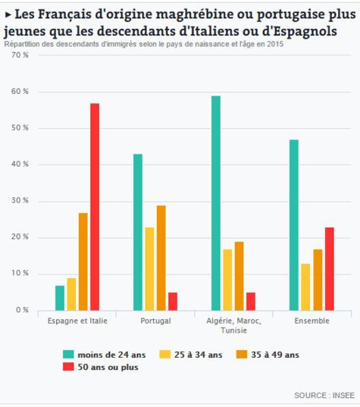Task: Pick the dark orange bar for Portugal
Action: click(161, 258)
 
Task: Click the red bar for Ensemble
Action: click(329, 268)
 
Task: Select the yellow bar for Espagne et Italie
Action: click(72, 294)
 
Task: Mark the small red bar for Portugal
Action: click(172, 301)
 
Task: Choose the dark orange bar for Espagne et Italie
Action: click(83, 261)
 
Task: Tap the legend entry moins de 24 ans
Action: click(110, 354)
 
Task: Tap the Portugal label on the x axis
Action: click(155, 321)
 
